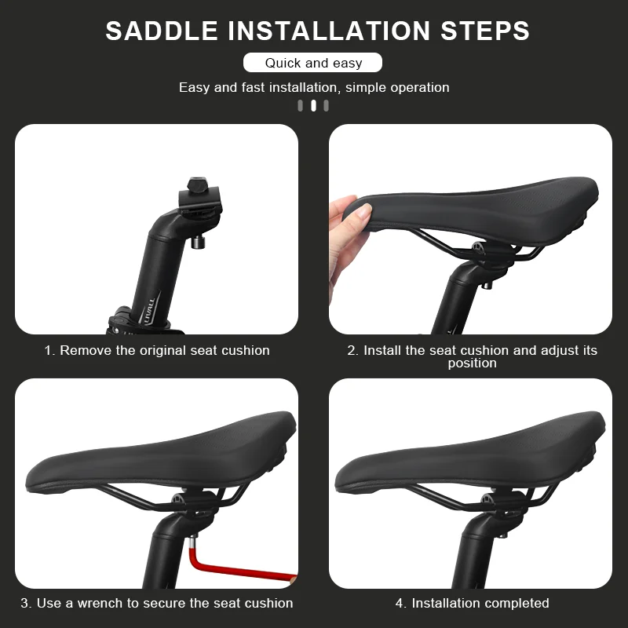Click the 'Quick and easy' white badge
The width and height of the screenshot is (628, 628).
(x=312, y=63)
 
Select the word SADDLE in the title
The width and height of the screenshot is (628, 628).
(x=162, y=31)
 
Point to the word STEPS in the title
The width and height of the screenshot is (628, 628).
(x=485, y=31)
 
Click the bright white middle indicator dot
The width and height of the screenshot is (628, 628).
(x=313, y=106)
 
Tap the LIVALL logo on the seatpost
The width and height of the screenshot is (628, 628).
(x=147, y=311)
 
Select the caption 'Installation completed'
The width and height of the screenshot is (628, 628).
(x=480, y=603)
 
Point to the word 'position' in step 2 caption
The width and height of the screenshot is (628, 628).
(x=473, y=363)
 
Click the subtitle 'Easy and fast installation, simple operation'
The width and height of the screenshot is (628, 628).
(x=314, y=87)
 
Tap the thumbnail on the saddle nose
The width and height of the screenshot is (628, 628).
(x=364, y=211)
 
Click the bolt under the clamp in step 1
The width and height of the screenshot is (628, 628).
(x=198, y=243)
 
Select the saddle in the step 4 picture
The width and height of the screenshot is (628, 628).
(x=470, y=454)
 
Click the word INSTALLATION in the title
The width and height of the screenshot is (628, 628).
(x=329, y=31)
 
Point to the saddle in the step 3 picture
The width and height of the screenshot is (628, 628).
(x=161, y=454)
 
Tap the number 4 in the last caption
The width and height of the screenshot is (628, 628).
(x=399, y=603)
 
